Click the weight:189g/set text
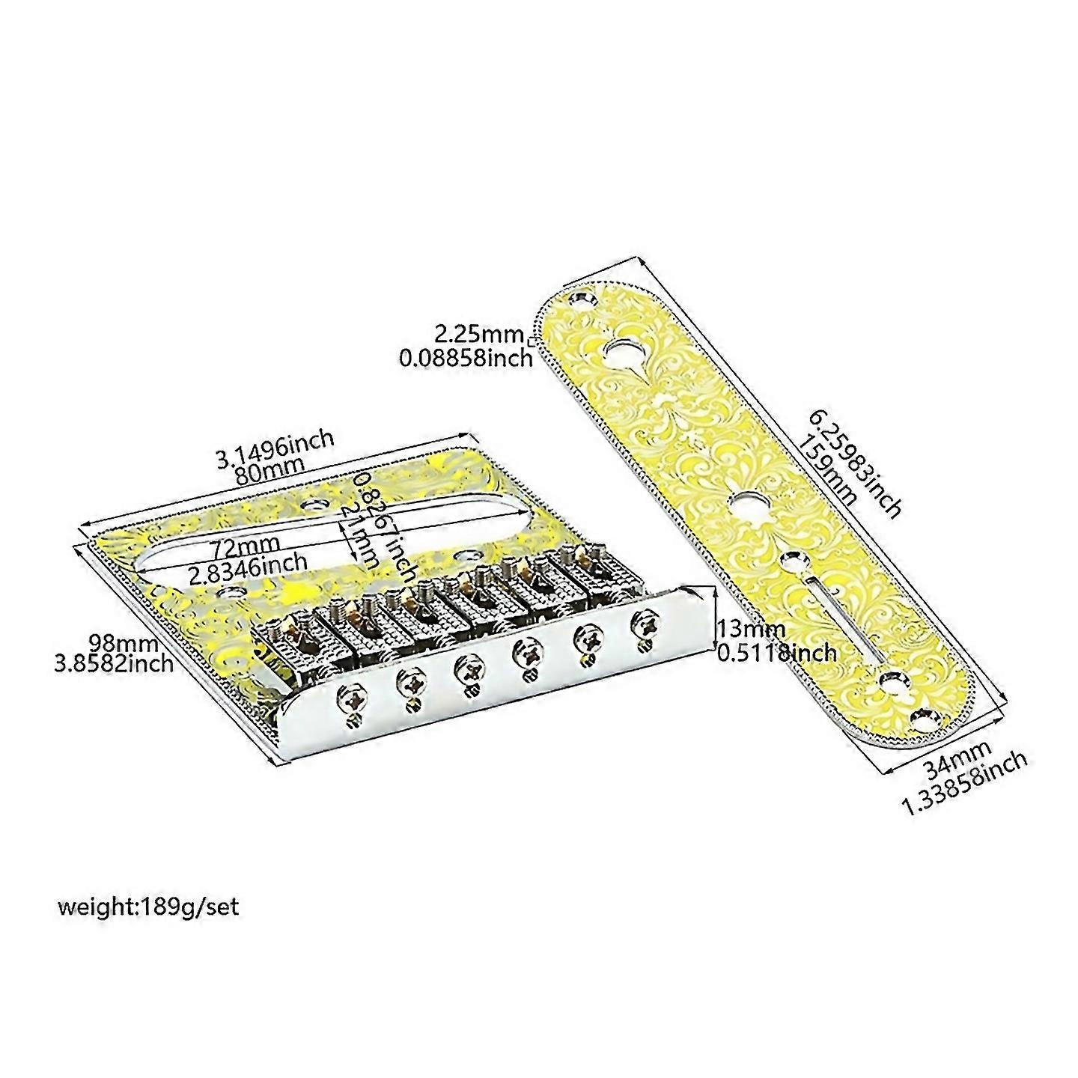click(x=148, y=907)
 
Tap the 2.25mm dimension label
click(x=484, y=332)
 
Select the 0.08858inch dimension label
click(x=466, y=358)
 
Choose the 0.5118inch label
click(x=777, y=653)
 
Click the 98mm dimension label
click(x=123, y=642)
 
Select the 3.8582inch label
click(x=114, y=663)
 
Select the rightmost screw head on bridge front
click(x=643, y=621)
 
